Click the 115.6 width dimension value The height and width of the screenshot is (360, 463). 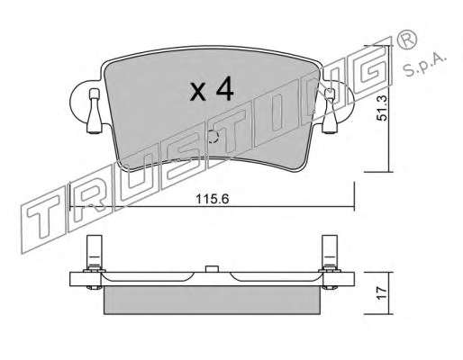click(x=213, y=199)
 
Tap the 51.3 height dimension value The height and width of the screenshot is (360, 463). click(x=382, y=108)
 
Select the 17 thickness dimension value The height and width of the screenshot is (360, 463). click(x=382, y=292)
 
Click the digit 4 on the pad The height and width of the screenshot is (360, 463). click(x=224, y=88)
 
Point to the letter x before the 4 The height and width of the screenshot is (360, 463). click(x=198, y=92)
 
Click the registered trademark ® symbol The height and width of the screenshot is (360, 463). click(x=407, y=40)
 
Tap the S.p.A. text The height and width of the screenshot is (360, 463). click(x=424, y=65)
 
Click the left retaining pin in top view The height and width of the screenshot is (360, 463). click(x=95, y=111)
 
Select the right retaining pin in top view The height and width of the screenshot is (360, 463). click(x=330, y=111)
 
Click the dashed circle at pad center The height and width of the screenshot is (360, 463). click(x=213, y=137)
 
